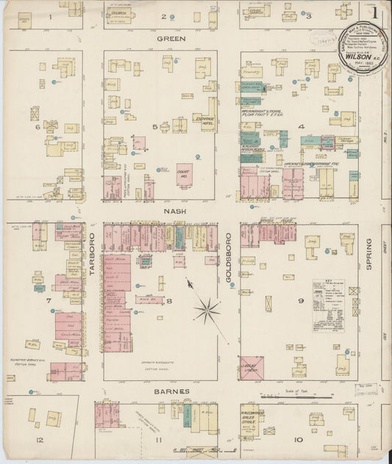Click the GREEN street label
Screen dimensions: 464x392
tap(171, 38)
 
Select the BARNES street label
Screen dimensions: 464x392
tap(172, 391)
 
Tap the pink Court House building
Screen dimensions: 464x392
tap(185, 174)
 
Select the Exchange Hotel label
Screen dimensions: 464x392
tap(203, 123)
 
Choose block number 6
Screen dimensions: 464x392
tap(37, 126)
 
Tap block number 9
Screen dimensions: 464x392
tap(301, 300)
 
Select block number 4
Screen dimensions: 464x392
tap(301, 126)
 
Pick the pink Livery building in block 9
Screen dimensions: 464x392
tap(252, 368)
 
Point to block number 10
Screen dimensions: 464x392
tap(298, 440)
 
